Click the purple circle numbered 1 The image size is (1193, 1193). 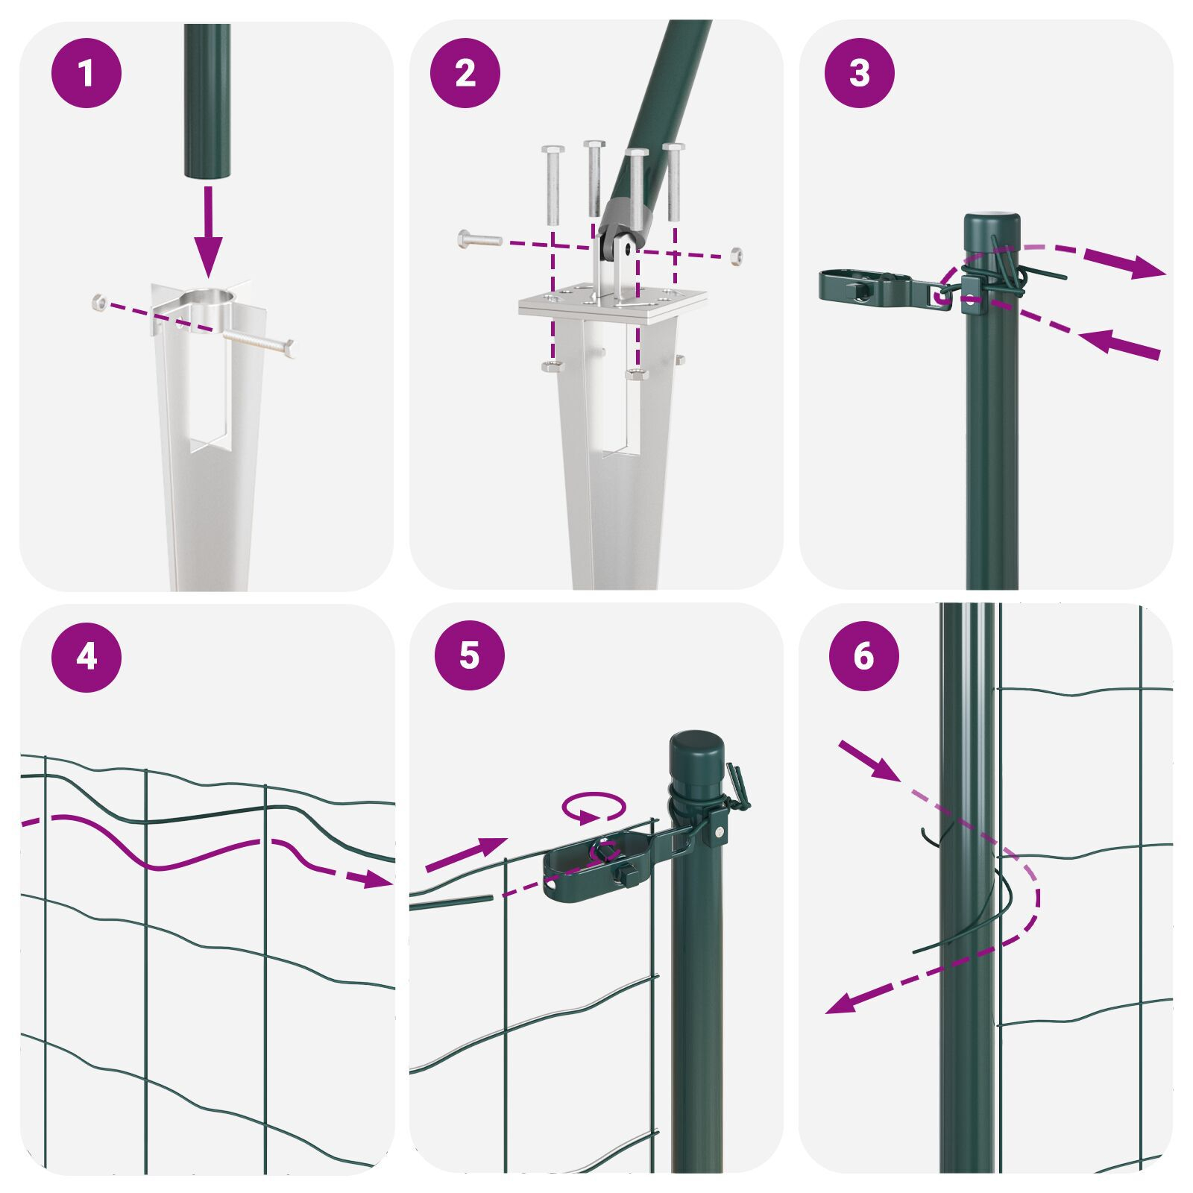point(86,73)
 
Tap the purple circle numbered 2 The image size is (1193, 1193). point(465,73)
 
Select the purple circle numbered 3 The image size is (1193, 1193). point(860,73)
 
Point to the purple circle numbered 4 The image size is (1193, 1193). point(86,657)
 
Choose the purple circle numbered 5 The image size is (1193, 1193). point(470,655)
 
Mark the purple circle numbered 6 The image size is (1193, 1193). point(864,656)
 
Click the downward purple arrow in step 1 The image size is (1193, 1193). point(208,231)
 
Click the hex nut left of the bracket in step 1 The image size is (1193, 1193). point(98,301)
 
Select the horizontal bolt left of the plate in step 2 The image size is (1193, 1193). point(480,240)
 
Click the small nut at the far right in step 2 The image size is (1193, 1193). point(736,255)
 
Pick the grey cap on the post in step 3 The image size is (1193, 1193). point(991,224)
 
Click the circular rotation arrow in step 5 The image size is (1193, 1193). point(594,808)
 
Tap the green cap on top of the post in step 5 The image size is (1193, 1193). point(696,757)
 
